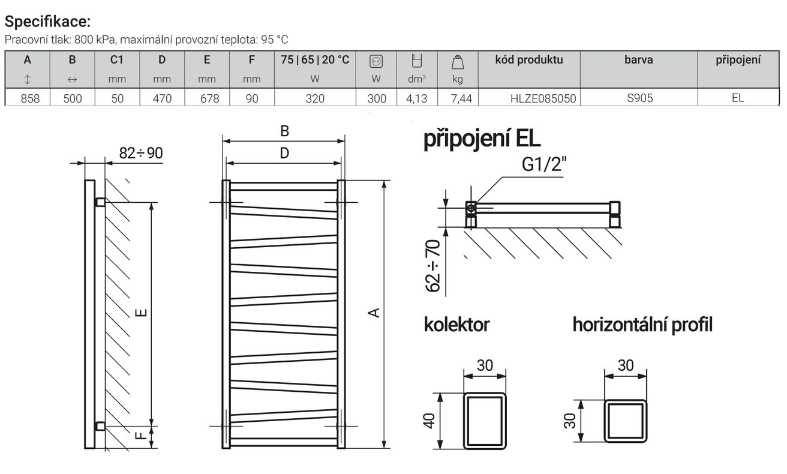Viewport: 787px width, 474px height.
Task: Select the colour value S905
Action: pos(640,98)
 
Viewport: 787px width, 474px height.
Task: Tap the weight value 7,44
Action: pos(461,98)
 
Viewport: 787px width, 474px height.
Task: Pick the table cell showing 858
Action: pos(30,98)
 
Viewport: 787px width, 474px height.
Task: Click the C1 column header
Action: pos(117,60)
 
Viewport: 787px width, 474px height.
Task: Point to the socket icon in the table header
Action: pos(376,61)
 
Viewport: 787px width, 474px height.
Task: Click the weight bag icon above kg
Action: pos(458,62)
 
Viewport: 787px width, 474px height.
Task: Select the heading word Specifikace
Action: pos(48,22)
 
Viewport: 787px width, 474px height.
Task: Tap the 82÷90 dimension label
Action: pos(141,153)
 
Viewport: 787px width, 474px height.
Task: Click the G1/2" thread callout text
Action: pos(544,164)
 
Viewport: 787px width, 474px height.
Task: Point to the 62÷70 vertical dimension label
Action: pos(432,266)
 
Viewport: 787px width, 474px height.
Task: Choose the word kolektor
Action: pos(456,325)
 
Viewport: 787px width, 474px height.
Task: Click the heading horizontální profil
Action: pos(642,325)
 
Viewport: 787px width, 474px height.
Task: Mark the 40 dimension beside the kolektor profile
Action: pos(429,421)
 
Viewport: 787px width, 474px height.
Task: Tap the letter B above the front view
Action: pos(284,131)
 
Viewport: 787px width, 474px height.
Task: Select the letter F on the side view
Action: pos(140,436)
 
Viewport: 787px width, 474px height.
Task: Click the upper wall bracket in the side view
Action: pos(100,202)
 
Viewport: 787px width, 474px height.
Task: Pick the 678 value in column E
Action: pos(209,98)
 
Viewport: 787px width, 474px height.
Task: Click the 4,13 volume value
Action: pos(416,98)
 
